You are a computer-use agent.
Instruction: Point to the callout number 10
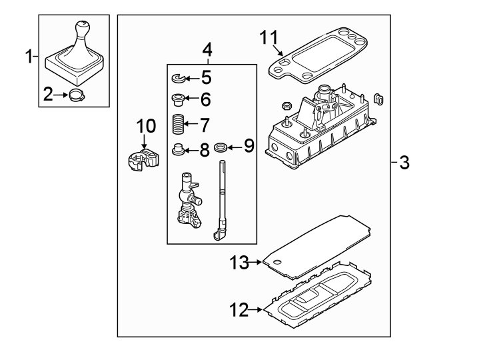click(145, 125)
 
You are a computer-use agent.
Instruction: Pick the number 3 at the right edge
click(404, 162)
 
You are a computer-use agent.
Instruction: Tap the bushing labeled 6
click(177, 101)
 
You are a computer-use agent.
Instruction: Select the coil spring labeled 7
click(178, 124)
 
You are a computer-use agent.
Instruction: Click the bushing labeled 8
click(178, 149)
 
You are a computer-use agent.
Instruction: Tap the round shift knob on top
click(83, 29)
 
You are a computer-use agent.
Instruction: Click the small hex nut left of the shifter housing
click(284, 105)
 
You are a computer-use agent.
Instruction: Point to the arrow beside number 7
click(192, 124)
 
